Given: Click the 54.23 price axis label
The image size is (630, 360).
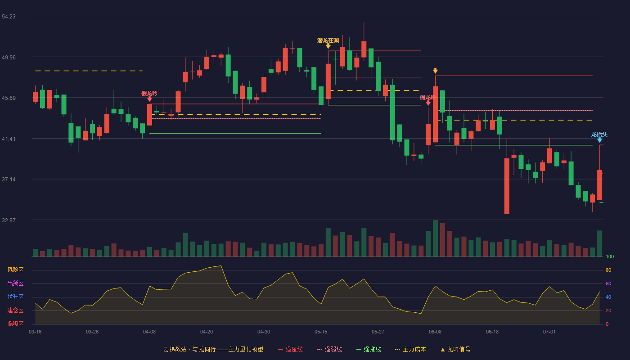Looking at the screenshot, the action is point(9,17).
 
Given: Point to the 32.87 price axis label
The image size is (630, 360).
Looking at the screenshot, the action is point(9,220).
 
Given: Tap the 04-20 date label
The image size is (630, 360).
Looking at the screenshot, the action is point(207,332).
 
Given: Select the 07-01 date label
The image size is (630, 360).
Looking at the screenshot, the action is point(549,332).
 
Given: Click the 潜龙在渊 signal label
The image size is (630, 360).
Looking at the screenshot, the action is point(328,40).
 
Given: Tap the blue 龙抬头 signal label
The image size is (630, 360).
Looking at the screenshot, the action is point(599,135).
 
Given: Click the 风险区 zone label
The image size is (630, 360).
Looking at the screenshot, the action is point(15,270).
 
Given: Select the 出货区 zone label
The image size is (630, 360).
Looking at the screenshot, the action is point(15,283).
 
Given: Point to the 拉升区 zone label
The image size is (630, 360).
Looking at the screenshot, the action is point(15,297).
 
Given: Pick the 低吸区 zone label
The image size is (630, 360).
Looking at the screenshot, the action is point(15,324).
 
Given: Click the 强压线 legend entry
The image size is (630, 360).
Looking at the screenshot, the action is point(290,349).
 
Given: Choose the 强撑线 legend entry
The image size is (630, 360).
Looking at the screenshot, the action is point(369,349).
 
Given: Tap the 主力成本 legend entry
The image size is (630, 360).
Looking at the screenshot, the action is point(410,349).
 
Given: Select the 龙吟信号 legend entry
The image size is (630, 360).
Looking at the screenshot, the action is point(455,349).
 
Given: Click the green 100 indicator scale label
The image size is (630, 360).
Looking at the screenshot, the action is point(610,256).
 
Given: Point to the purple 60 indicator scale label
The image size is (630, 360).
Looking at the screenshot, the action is point(608,283).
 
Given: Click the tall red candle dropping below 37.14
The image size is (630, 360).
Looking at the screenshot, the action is point(507,186).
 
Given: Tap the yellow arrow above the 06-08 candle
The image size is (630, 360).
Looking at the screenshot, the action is point(435,71).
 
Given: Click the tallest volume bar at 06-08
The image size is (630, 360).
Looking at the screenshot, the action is point(435,238).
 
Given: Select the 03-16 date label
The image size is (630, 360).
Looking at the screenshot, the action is point(35,332).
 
